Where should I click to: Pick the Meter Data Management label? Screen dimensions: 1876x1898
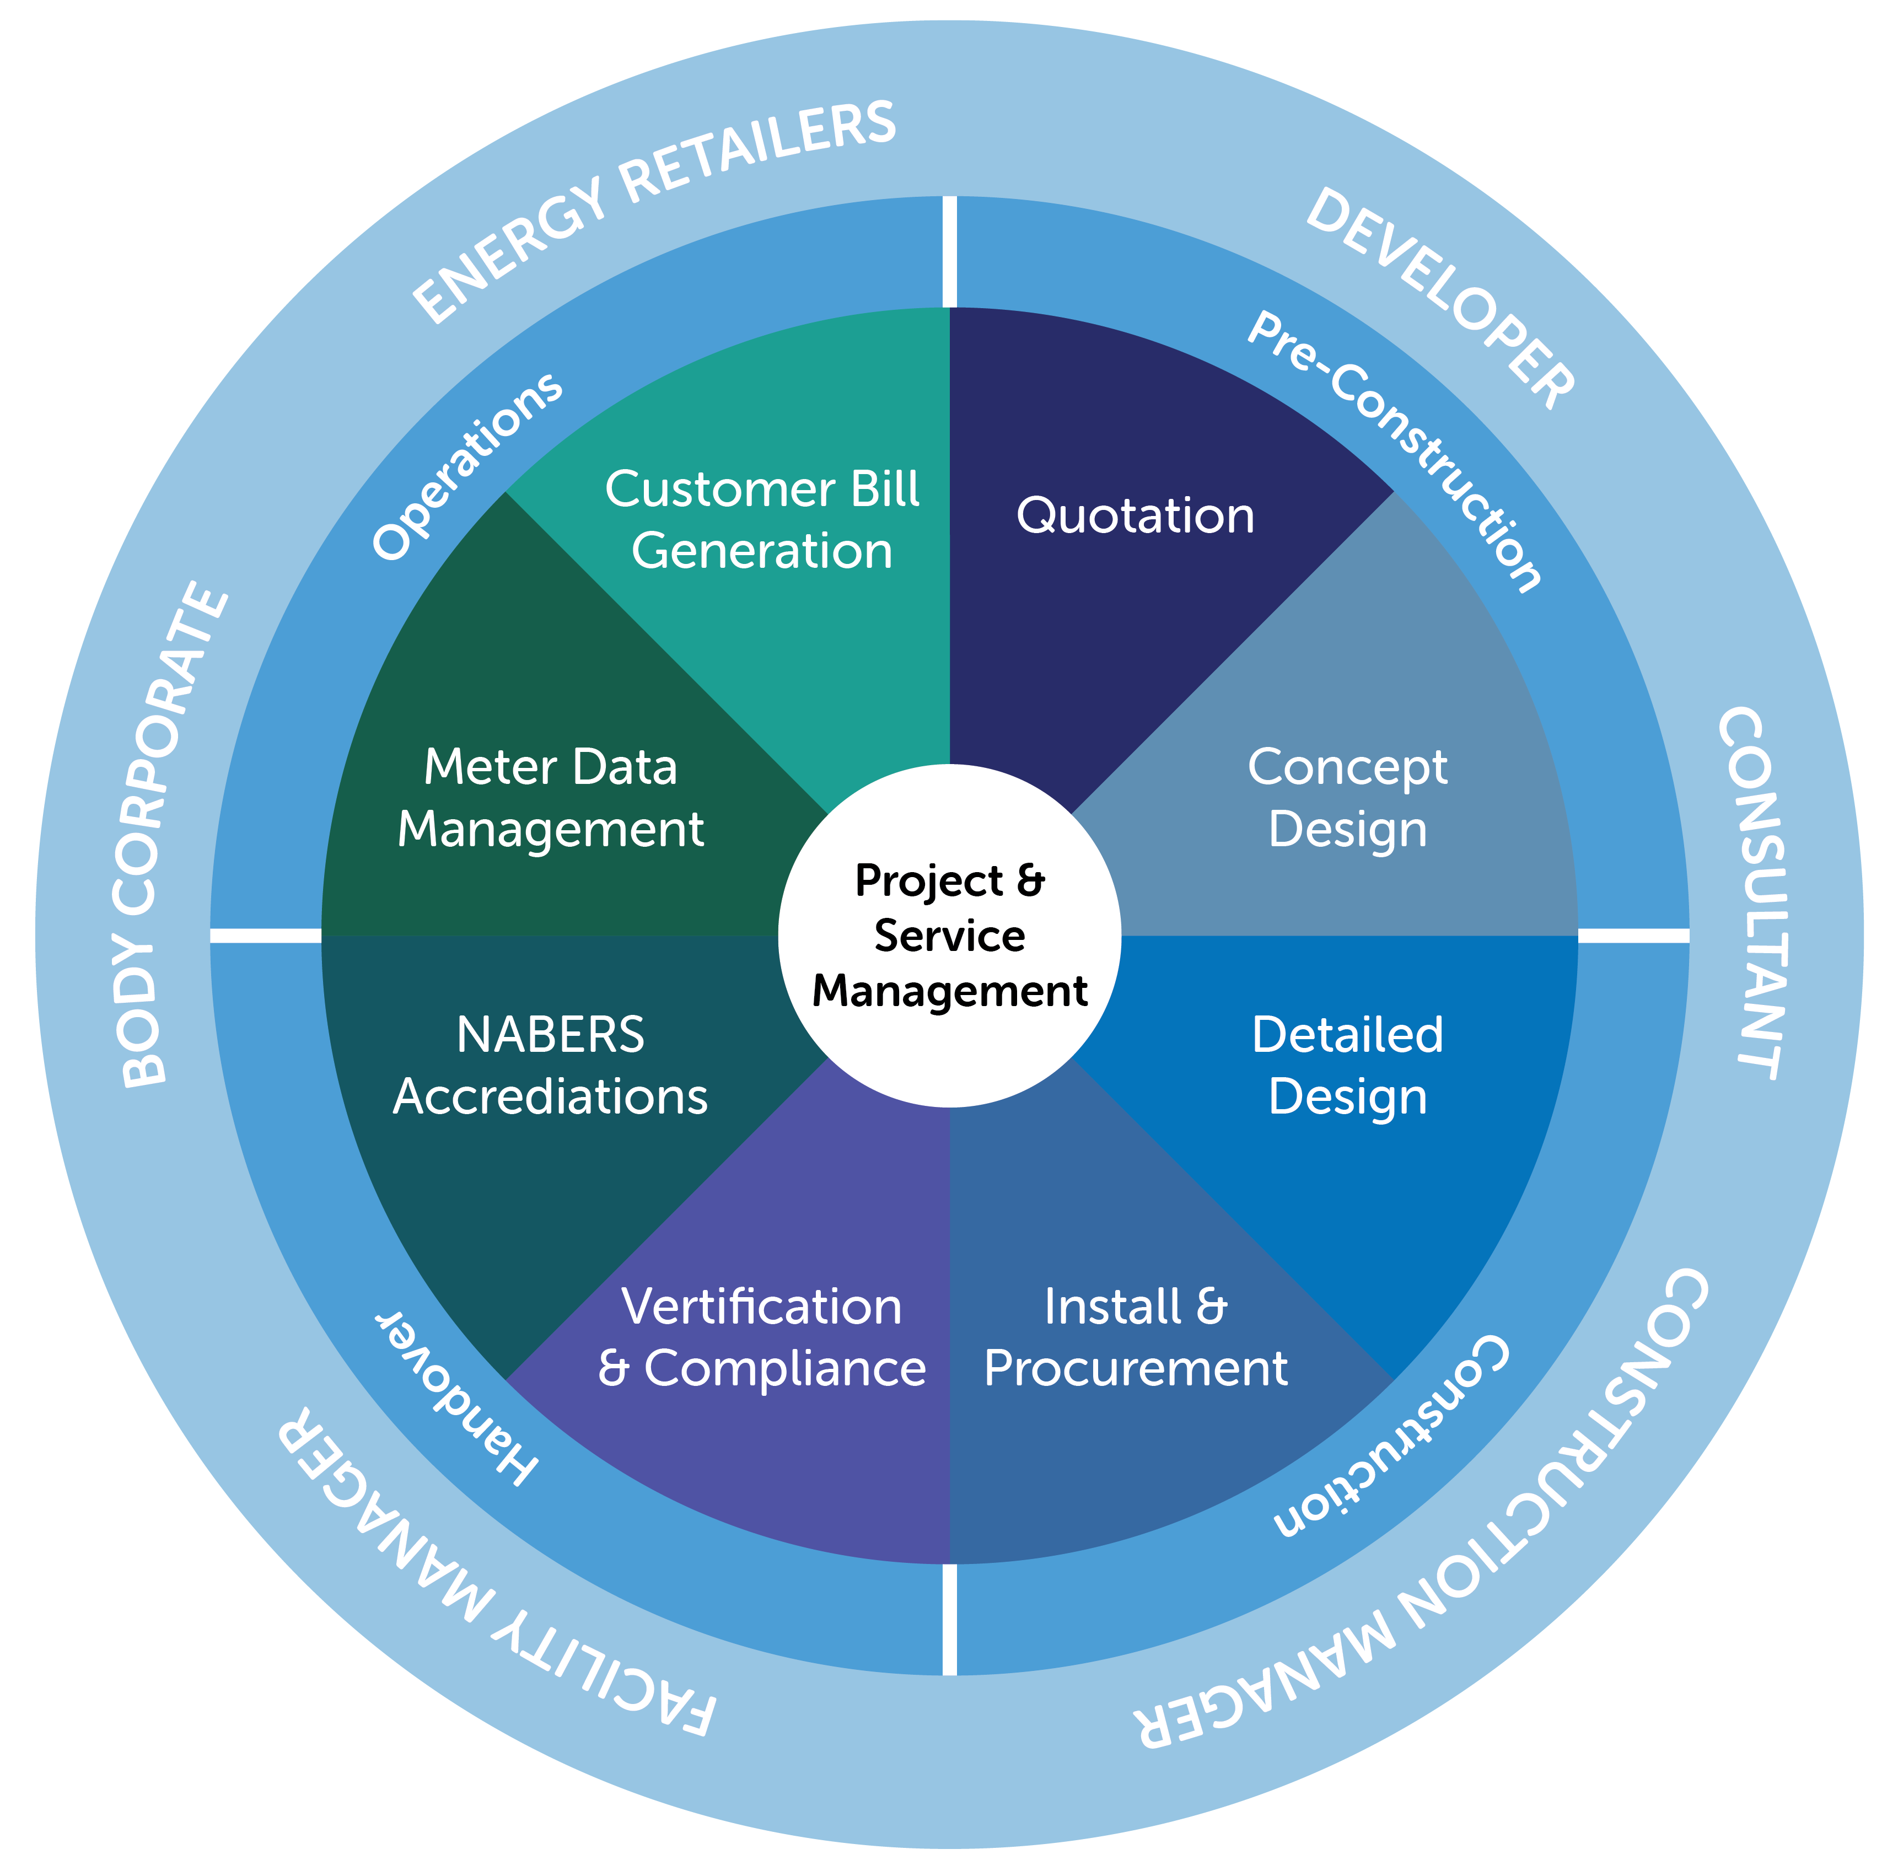click(550, 798)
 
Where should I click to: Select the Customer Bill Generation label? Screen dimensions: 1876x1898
click(761, 520)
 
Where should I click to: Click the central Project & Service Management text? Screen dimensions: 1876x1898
click(949, 935)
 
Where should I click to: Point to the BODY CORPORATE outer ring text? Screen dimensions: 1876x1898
click(172, 835)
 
